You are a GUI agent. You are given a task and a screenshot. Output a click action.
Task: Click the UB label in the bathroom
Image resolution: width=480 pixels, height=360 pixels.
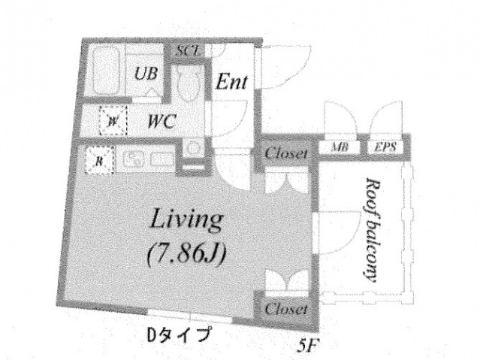[146, 74]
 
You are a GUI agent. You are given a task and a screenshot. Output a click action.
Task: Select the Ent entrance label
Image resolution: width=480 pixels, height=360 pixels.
[232, 81]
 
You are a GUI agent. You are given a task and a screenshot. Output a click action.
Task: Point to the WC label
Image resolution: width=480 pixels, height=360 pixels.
[162, 120]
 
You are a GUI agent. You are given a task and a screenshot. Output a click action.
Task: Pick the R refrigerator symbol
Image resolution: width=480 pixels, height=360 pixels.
[98, 160]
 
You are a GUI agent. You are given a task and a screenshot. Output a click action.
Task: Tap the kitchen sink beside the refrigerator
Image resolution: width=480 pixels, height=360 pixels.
[138, 160]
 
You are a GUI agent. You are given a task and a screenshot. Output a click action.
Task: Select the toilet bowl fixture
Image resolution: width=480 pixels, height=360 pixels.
[191, 84]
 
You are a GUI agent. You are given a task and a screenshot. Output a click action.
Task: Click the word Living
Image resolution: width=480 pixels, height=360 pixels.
[185, 221]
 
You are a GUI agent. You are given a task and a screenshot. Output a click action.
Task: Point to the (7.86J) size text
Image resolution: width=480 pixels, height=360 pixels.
[185, 255]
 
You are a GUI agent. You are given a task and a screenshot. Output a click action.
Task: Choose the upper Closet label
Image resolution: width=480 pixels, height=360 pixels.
[286, 154]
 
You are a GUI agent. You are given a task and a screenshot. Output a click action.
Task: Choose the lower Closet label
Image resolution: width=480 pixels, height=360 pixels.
[286, 309]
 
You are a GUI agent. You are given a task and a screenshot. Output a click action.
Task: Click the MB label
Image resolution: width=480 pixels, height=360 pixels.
[340, 147]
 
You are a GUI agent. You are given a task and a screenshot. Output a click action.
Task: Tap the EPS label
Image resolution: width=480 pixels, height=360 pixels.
[385, 147]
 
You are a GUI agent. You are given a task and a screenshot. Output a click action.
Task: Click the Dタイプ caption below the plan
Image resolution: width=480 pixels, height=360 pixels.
[178, 334]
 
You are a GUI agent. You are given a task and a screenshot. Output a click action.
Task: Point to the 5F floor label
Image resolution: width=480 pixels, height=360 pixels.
[306, 347]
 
